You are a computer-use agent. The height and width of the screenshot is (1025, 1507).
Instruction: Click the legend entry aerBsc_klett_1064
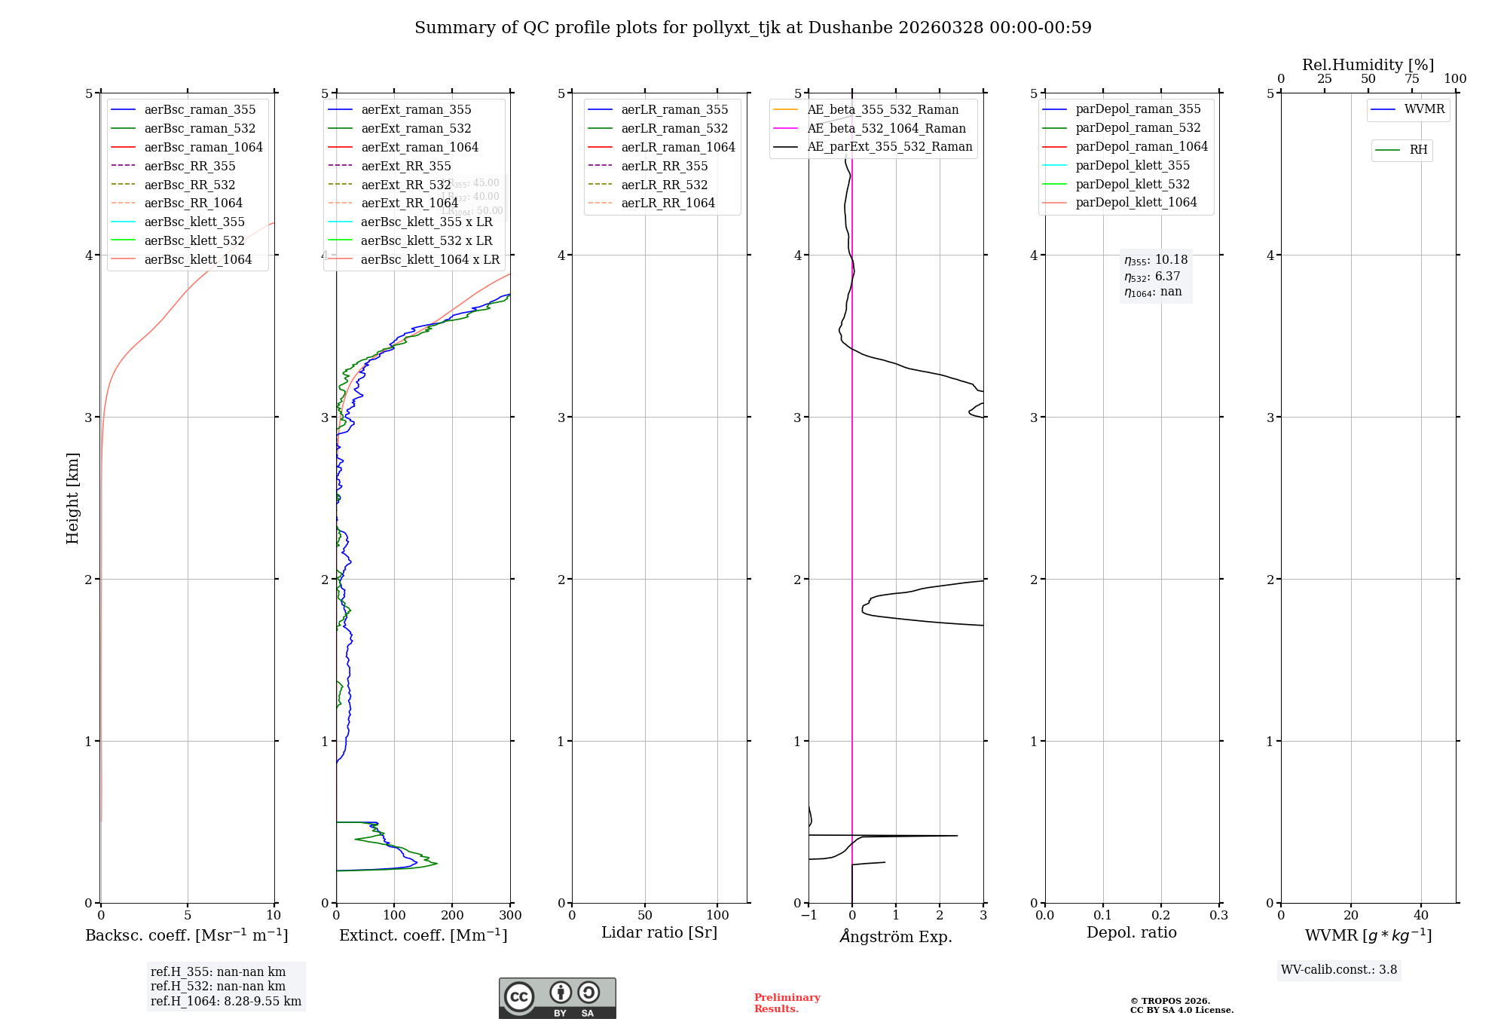pos(197,259)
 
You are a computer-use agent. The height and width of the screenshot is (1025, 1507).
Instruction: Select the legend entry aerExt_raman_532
pos(416,128)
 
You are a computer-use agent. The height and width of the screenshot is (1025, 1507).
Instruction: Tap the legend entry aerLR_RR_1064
pos(668,203)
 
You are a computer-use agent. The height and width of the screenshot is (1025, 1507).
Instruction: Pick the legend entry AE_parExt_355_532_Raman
pos(889,146)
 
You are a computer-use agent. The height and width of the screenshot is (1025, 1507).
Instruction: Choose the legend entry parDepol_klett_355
pos(1133,165)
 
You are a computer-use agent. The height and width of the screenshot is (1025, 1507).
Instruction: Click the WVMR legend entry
pos(1424,109)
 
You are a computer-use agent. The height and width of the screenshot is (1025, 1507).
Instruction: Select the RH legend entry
pos(1418,150)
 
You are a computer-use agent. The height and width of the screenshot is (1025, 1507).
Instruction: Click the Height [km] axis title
pos(72,498)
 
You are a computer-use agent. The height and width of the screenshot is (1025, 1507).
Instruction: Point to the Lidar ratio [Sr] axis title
pos(659,932)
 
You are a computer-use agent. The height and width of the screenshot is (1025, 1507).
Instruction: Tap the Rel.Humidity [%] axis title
pos(1368,65)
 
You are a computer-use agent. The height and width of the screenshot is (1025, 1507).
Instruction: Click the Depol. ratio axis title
pos(1131,932)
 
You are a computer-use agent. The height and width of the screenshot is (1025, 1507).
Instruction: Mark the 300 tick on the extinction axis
pos(510,916)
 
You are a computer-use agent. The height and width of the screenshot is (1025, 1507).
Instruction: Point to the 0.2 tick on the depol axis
pos(1161,916)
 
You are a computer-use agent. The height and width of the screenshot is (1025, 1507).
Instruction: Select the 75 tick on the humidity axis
pos(1411,79)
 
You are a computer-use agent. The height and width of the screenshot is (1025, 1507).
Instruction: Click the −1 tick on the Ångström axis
pos(809,916)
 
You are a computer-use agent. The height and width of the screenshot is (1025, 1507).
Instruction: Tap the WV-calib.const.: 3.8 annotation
pos(1339,970)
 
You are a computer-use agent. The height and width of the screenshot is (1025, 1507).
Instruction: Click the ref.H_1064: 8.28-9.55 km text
pos(226,1002)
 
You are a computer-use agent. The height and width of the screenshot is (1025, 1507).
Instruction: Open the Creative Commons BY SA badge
pos(557,999)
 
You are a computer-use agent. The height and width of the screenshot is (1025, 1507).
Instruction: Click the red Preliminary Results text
pos(787,1003)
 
